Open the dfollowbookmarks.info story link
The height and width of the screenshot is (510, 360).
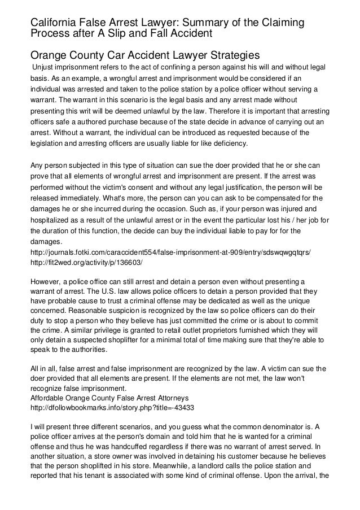(x=111, y=408)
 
